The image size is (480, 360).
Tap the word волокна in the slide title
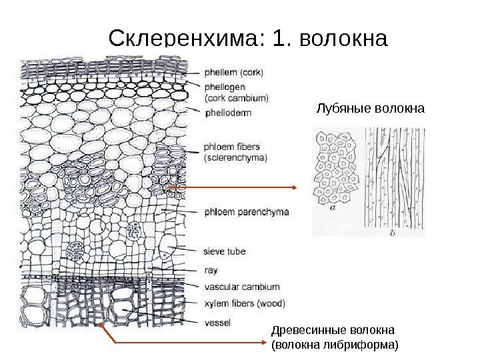344,39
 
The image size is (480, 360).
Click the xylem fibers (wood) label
243,303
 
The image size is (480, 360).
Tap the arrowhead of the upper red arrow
299,188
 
